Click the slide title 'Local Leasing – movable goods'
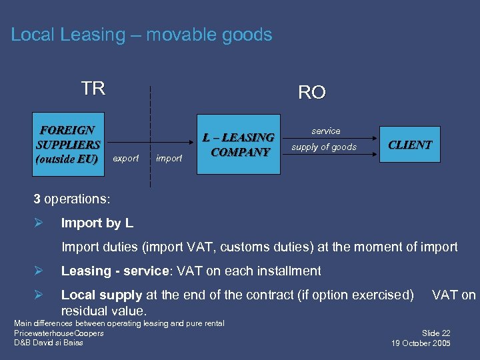[141, 35]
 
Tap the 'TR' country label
[93, 89]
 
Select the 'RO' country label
[311, 93]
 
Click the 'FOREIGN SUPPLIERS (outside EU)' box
[69, 144]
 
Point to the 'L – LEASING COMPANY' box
[238, 144]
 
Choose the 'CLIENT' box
[410, 144]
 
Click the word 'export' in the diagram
[126, 159]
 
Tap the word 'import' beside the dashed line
[169, 159]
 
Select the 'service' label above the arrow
[325, 131]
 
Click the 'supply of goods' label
[324, 147]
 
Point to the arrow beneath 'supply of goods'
[329, 155]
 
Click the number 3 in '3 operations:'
[37, 199]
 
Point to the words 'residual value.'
[103, 311]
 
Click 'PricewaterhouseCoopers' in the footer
[59, 333]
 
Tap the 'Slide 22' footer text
[436, 333]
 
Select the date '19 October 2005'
[421, 343]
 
